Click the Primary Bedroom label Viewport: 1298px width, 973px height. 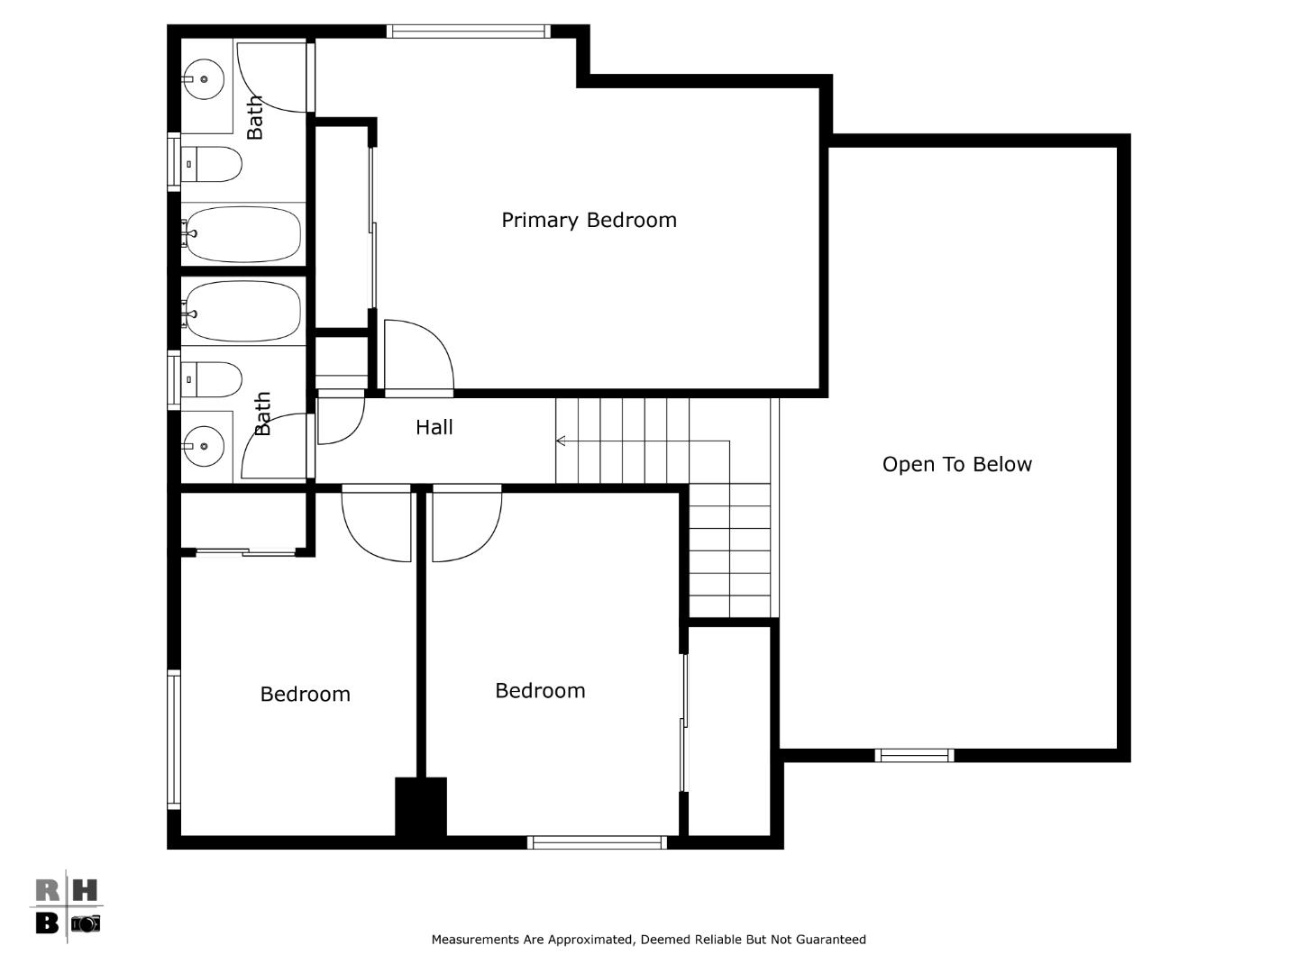(x=589, y=220)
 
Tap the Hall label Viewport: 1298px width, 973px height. (x=434, y=427)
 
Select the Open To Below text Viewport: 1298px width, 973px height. (x=956, y=464)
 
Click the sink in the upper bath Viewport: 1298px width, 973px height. (x=205, y=80)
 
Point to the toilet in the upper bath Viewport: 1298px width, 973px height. (x=213, y=165)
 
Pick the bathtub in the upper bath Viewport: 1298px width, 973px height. (x=242, y=233)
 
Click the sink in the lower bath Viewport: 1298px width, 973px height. (x=205, y=446)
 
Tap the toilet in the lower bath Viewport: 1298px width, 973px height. (x=213, y=379)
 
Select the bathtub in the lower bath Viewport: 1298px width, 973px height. (x=242, y=311)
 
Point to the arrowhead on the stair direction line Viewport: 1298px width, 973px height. (x=561, y=441)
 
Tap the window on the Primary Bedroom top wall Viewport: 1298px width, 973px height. (x=468, y=32)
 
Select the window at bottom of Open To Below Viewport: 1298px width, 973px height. (x=914, y=755)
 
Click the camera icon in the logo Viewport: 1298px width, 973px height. (x=86, y=923)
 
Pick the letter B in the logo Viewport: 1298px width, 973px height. (x=47, y=923)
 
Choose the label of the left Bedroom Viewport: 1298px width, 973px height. (x=305, y=694)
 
